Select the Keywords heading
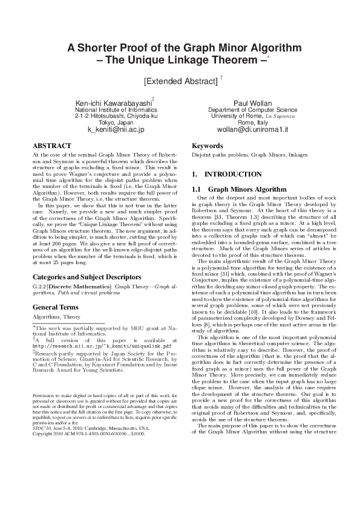208,146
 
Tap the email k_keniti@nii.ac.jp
116,129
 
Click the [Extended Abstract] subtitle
180,80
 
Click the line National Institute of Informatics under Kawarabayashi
116,110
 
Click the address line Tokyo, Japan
116,123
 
